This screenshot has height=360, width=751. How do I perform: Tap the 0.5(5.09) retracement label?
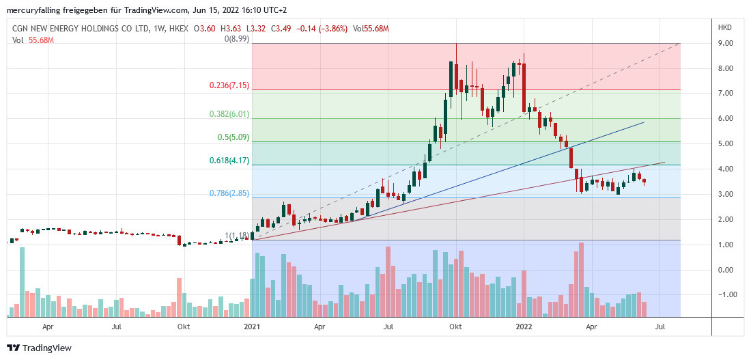coord(233,137)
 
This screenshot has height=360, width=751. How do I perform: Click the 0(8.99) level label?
coord(236,40)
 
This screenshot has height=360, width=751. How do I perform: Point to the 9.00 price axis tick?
coord(725,43)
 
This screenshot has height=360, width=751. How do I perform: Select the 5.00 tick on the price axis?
coord(725,143)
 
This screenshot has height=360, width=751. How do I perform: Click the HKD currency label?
coord(724,27)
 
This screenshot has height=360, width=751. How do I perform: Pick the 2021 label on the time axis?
coord(253,327)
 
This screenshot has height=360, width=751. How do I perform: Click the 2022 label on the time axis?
coord(524,327)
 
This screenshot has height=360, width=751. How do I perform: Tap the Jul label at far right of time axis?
coord(660,327)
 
